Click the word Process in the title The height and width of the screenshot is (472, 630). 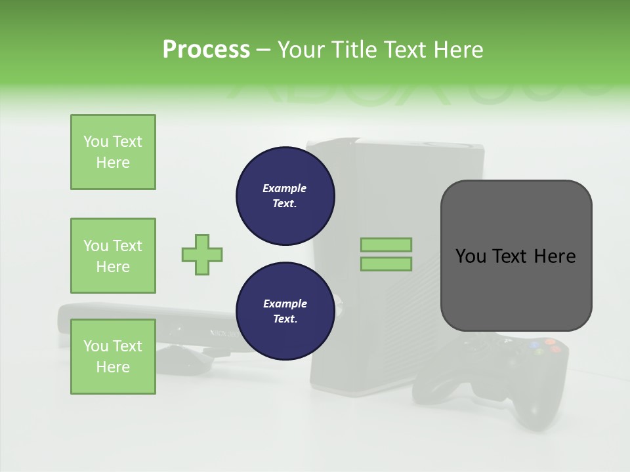point(206,50)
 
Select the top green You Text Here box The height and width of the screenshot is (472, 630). point(113,152)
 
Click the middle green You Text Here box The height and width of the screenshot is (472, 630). point(113,256)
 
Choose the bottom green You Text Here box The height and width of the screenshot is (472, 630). point(113,357)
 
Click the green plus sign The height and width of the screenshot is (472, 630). point(202,254)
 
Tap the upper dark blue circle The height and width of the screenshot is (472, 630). point(285,195)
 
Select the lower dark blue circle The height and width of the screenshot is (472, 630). point(285,311)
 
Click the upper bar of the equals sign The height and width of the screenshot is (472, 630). point(386,245)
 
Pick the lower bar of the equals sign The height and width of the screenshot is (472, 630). point(386,264)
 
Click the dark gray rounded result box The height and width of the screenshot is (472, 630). point(516,256)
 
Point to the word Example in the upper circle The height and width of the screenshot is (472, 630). point(285,188)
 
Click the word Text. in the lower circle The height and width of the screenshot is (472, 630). point(285,319)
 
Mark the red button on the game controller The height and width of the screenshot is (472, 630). point(555,349)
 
